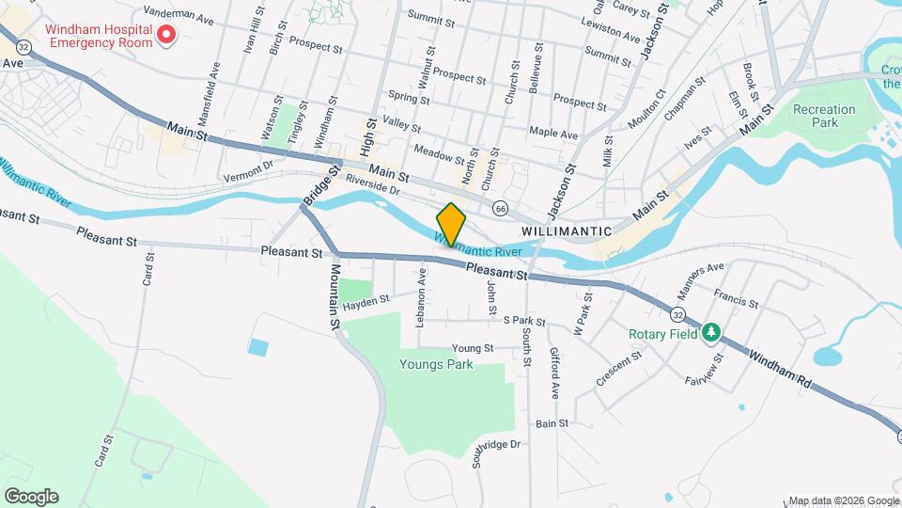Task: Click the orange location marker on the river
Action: (451, 225)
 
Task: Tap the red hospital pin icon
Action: (166, 35)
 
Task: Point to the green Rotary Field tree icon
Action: (712, 332)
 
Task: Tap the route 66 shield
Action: (501, 208)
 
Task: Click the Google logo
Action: (31, 497)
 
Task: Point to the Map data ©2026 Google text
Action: (844, 500)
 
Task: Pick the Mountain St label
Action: (334, 295)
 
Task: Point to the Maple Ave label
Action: (553, 134)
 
